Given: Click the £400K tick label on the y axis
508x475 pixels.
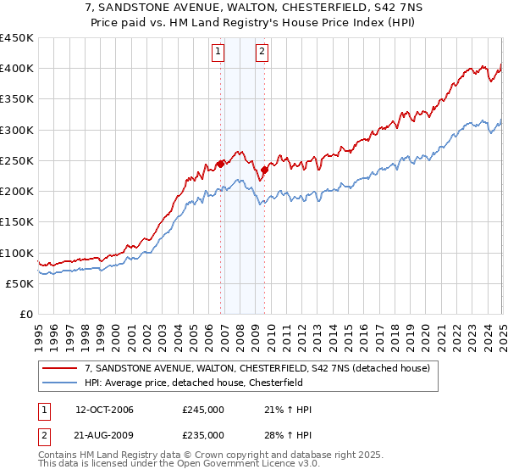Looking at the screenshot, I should tap(17, 69).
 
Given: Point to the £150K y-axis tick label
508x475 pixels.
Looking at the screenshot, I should tap(17, 221).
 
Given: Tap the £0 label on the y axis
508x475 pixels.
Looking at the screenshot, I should tap(25, 314).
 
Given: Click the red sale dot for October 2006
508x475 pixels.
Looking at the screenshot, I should tap(221, 164).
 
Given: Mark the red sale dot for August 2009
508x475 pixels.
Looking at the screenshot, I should tap(264, 170).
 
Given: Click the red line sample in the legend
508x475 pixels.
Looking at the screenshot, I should tap(61, 368).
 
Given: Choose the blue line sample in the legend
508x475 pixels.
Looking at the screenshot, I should tap(61, 383).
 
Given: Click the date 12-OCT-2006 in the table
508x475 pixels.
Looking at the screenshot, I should tap(104, 410).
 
